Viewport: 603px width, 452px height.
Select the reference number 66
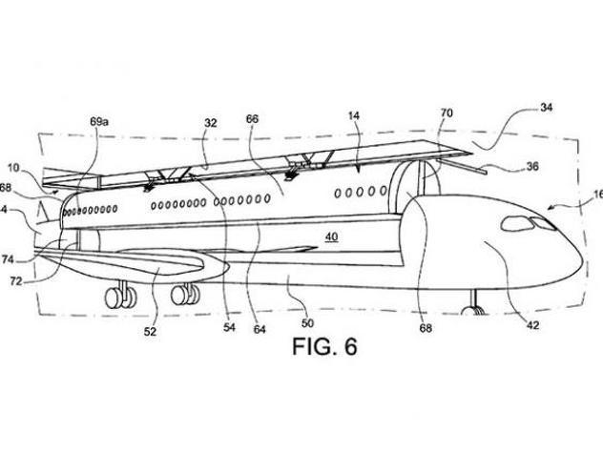pos(253,120)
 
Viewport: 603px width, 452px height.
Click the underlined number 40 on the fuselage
pos(331,237)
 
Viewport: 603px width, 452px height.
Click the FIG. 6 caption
pos(323,345)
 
